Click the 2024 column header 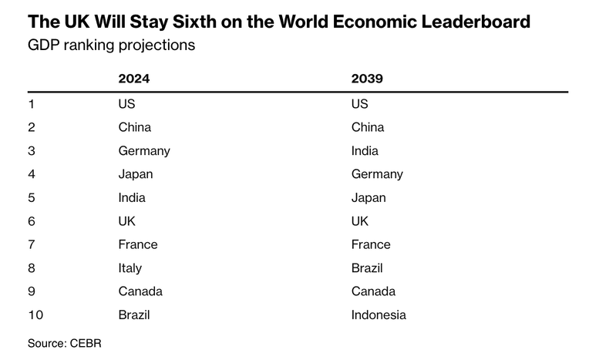point(133,79)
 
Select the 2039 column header point(367,79)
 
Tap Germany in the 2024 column point(144,151)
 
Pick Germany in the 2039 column point(377,174)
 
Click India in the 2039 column point(365,150)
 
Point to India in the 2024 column point(132,197)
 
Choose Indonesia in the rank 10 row point(379,315)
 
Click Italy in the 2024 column point(130,268)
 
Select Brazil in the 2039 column point(367,268)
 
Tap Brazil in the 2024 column point(134,315)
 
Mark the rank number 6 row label point(32,221)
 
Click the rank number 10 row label point(35,315)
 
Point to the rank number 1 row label point(31,104)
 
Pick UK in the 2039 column point(360,221)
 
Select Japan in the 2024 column point(136,174)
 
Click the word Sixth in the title point(194,22)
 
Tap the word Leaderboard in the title point(476,22)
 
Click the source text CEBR point(86,344)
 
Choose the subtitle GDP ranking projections point(112,45)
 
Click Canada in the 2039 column point(373,291)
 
